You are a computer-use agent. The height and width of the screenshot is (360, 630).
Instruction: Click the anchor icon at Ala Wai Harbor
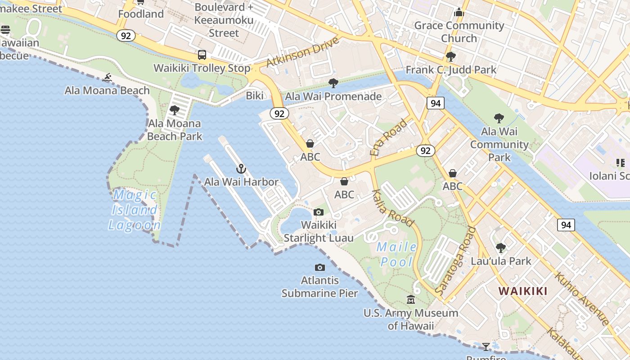[x=241, y=169]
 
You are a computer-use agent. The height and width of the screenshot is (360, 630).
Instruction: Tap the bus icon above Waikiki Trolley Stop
[x=202, y=55]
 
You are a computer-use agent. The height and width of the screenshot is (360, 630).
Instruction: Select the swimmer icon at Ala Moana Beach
[x=107, y=78]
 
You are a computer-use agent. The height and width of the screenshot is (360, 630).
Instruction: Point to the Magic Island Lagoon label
[x=134, y=210]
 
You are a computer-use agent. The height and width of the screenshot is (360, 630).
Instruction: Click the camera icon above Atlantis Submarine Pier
[x=320, y=267]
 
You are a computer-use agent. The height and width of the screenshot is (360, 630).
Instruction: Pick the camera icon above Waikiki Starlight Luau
[x=319, y=212]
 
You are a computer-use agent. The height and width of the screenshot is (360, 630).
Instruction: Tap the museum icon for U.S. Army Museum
[x=411, y=299]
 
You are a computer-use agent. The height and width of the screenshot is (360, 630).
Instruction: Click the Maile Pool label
[x=396, y=254]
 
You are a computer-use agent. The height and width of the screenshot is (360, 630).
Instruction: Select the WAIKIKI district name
[x=523, y=291]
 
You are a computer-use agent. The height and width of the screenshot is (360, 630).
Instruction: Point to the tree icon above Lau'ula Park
[x=500, y=248]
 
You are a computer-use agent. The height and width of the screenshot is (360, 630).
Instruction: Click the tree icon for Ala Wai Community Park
[x=499, y=118]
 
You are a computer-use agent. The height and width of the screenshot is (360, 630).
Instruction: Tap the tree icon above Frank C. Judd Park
[x=450, y=57]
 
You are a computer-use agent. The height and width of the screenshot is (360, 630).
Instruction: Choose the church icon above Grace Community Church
[x=459, y=12]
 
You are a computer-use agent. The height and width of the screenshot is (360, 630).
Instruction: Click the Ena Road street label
[x=388, y=137]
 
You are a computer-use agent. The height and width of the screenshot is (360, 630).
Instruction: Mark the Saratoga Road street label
[x=456, y=261]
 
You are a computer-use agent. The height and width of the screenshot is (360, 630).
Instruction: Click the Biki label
[x=255, y=95]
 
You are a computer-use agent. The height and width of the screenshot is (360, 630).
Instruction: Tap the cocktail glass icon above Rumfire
[x=486, y=346]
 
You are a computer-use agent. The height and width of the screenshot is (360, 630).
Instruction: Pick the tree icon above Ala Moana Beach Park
[x=175, y=110]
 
